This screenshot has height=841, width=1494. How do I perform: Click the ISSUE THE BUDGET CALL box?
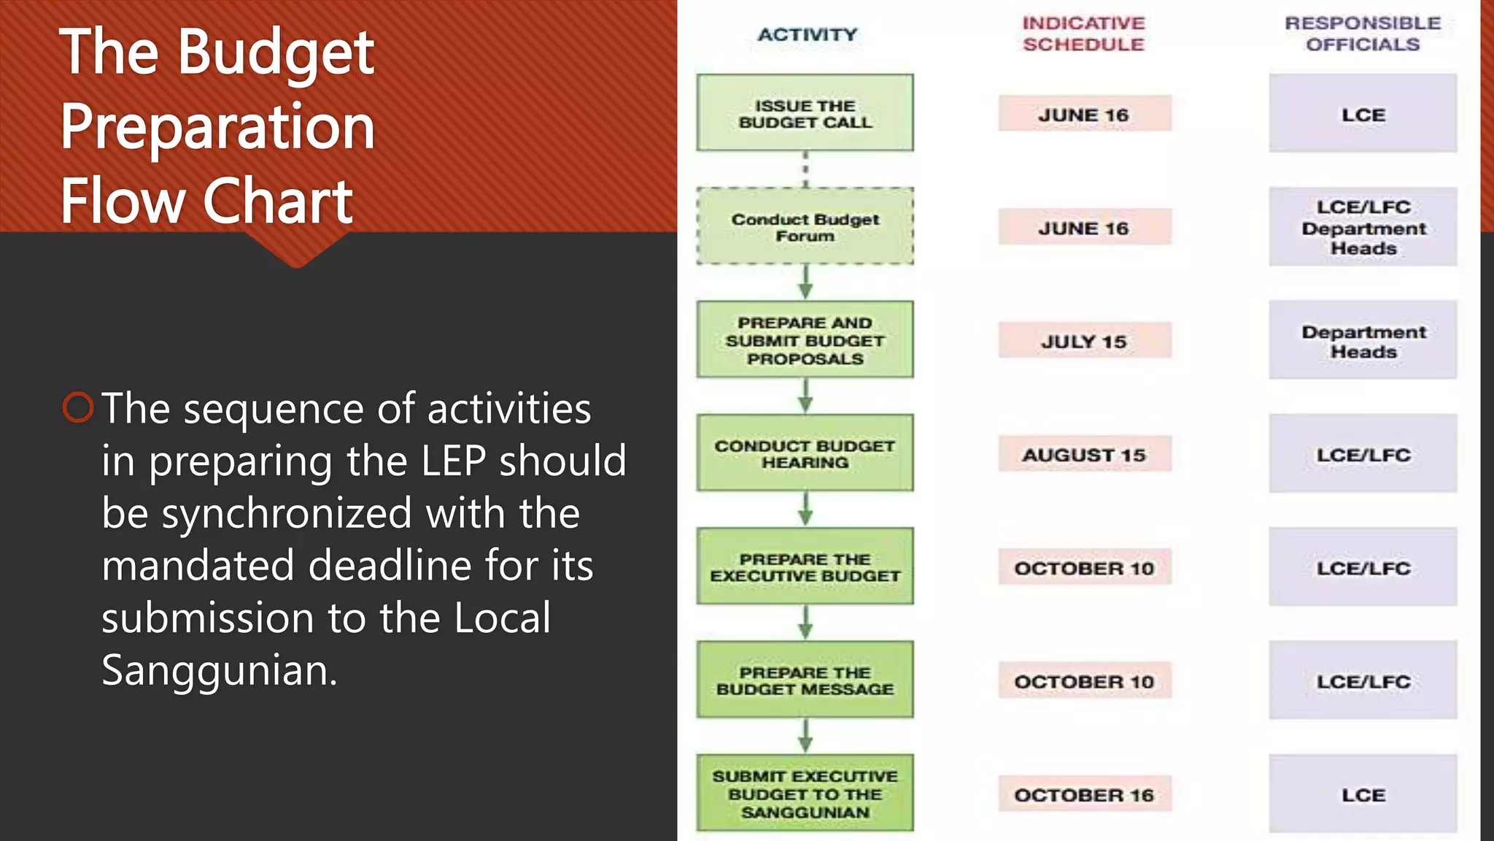(805, 113)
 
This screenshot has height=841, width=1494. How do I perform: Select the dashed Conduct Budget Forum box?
(805, 226)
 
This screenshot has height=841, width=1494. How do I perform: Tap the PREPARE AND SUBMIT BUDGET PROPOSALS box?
(805, 339)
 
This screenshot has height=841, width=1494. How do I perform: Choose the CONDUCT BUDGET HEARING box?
(805, 453)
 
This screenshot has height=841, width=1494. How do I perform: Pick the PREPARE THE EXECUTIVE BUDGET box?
(805, 567)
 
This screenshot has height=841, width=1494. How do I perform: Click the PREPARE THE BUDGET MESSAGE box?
(805, 680)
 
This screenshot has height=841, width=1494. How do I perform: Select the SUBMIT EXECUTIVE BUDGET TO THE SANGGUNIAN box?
(805, 793)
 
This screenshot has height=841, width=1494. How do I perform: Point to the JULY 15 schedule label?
(1084, 341)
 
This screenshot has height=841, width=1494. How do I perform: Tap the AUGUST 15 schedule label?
(1084, 454)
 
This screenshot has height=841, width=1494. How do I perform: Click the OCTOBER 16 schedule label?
(1084, 794)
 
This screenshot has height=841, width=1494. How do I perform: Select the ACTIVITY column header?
(807, 34)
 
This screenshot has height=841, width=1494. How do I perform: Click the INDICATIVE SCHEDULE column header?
(1083, 34)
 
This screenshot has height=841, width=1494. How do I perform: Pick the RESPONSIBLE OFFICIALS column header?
(1363, 34)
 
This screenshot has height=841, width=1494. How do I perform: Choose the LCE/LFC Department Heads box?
(1363, 227)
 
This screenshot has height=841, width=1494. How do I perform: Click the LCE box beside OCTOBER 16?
(1363, 794)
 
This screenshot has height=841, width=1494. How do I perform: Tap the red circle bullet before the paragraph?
(78, 407)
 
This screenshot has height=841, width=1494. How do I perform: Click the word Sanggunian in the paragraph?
(218, 670)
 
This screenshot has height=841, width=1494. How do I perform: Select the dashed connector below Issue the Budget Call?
(805, 169)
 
